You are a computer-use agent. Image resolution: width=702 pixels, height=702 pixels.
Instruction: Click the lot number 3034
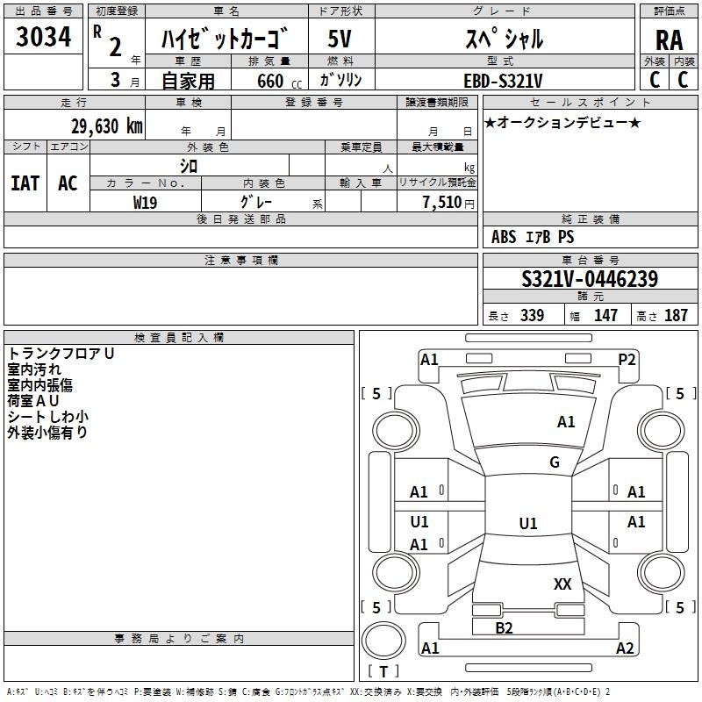pyautogui.click(x=43, y=37)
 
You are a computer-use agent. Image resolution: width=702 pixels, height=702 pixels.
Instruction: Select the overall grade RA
pyautogui.click(x=669, y=40)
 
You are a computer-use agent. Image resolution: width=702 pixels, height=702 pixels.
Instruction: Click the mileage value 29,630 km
pyautogui.click(x=107, y=126)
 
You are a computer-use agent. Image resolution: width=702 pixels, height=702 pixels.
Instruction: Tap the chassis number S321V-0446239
pyautogui.click(x=590, y=278)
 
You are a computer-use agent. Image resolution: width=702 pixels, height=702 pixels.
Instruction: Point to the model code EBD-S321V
pyautogui.click(x=503, y=81)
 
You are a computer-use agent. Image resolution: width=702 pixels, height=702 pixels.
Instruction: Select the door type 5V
pyautogui.click(x=340, y=39)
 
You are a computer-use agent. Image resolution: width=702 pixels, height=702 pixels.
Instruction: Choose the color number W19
pyautogui.click(x=145, y=203)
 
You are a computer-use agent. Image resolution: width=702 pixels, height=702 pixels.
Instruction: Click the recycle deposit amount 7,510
pyautogui.click(x=442, y=203)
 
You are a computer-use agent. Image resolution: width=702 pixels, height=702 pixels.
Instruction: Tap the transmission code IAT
pyautogui.click(x=25, y=183)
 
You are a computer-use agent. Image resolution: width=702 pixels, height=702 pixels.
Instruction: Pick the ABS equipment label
pyautogui.click(x=504, y=237)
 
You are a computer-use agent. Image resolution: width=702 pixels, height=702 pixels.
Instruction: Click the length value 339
pyautogui.click(x=533, y=315)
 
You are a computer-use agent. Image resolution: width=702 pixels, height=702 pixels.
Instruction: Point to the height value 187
pyautogui.click(x=676, y=315)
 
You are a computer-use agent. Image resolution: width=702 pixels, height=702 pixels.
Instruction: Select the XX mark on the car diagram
pyautogui.click(x=562, y=584)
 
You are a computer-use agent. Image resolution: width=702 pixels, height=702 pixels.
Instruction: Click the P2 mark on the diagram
pyautogui.click(x=627, y=360)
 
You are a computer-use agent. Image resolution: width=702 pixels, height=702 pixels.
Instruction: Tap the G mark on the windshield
pyautogui.click(x=555, y=462)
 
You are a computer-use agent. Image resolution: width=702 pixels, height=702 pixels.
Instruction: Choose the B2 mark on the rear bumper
pyautogui.click(x=504, y=628)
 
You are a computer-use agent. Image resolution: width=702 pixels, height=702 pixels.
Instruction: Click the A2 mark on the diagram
pyautogui.click(x=625, y=648)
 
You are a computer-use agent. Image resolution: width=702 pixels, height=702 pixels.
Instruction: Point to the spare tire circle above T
pyautogui.click(x=383, y=641)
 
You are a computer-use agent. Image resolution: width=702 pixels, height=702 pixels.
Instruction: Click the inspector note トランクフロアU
pyautogui.click(x=61, y=354)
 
